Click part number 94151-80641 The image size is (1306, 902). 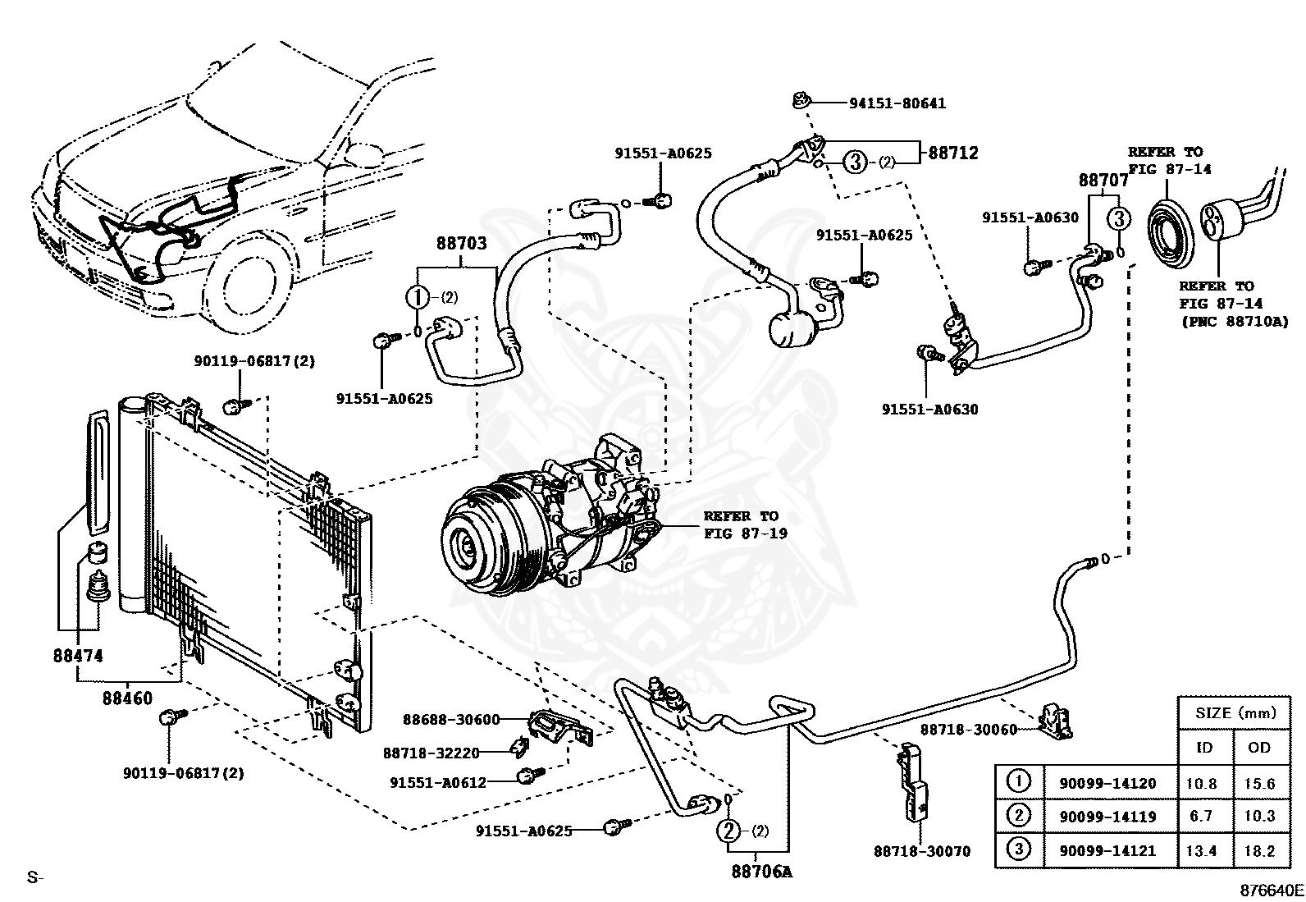tap(897, 103)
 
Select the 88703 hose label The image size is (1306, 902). tap(461, 244)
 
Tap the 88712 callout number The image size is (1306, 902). tap(953, 153)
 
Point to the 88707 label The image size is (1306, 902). tap(1103, 180)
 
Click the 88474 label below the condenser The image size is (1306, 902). tap(79, 657)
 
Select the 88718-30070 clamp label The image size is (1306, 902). tap(921, 852)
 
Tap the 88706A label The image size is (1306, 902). tap(762, 872)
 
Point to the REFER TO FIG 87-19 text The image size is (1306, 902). tap(744, 524)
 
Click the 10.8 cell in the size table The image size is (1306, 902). tap(1202, 784)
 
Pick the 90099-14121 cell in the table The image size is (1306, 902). tap(1107, 850)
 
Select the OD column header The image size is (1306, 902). tap(1259, 747)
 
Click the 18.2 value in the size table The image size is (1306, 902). tap(1259, 850)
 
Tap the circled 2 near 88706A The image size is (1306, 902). tap(728, 831)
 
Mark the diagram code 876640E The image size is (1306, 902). tap(1271, 890)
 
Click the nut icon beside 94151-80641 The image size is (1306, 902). tap(802, 102)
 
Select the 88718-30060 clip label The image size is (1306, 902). tap(968, 729)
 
